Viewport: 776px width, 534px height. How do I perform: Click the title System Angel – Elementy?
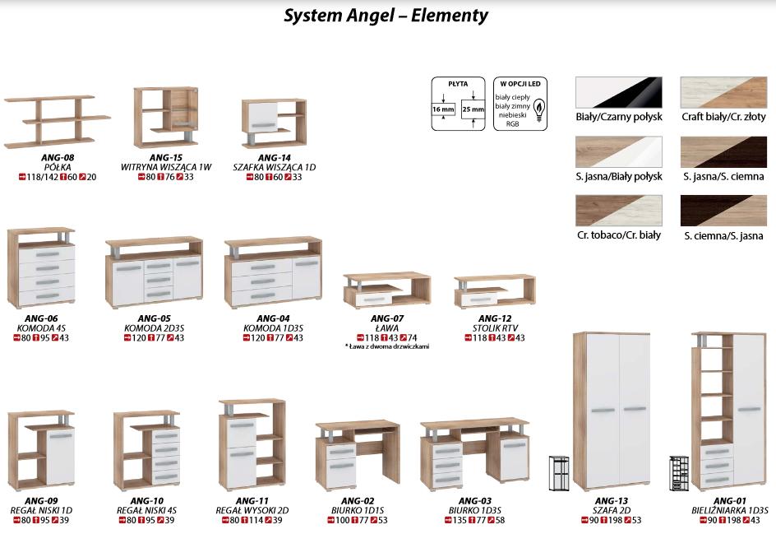[x=386, y=16]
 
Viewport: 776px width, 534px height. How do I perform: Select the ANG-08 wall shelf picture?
[x=57, y=119]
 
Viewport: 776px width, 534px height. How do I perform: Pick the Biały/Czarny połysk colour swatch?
[x=619, y=92]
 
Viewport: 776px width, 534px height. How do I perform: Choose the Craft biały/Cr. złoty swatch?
[x=723, y=92]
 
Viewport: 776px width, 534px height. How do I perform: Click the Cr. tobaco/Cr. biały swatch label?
[x=619, y=235]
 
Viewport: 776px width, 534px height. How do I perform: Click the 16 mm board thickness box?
[x=443, y=109]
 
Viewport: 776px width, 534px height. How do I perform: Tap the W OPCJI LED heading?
[x=520, y=84]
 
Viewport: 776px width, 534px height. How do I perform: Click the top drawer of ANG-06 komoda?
[x=46, y=254]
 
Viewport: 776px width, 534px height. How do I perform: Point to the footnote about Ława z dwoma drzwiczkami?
[x=386, y=346]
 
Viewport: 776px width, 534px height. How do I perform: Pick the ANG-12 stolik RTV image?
[x=494, y=291]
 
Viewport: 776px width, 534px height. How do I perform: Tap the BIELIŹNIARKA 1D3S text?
[x=729, y=510]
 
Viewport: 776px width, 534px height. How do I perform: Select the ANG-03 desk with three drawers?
[x=475, y=455]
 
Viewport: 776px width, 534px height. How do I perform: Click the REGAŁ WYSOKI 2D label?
[x=252, y=510]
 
